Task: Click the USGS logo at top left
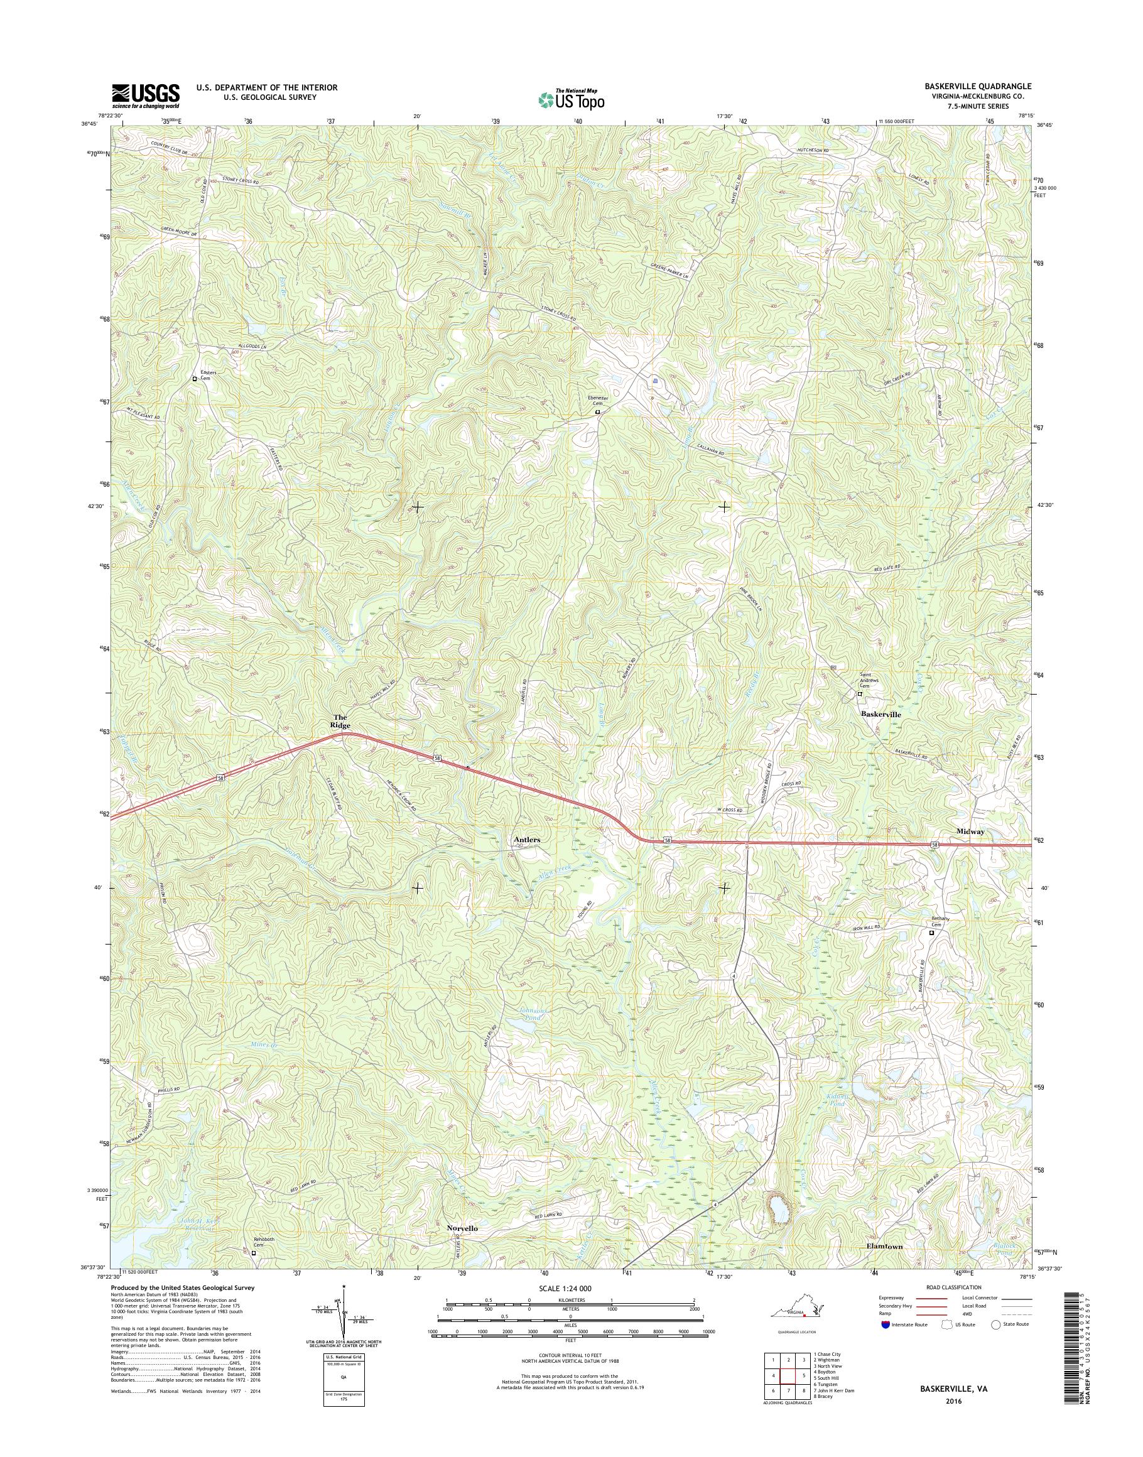point(145,95)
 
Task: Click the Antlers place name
point(527,838)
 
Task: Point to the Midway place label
point(970,831)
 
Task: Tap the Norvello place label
point(462,1229)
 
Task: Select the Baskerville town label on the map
point(880,715)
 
